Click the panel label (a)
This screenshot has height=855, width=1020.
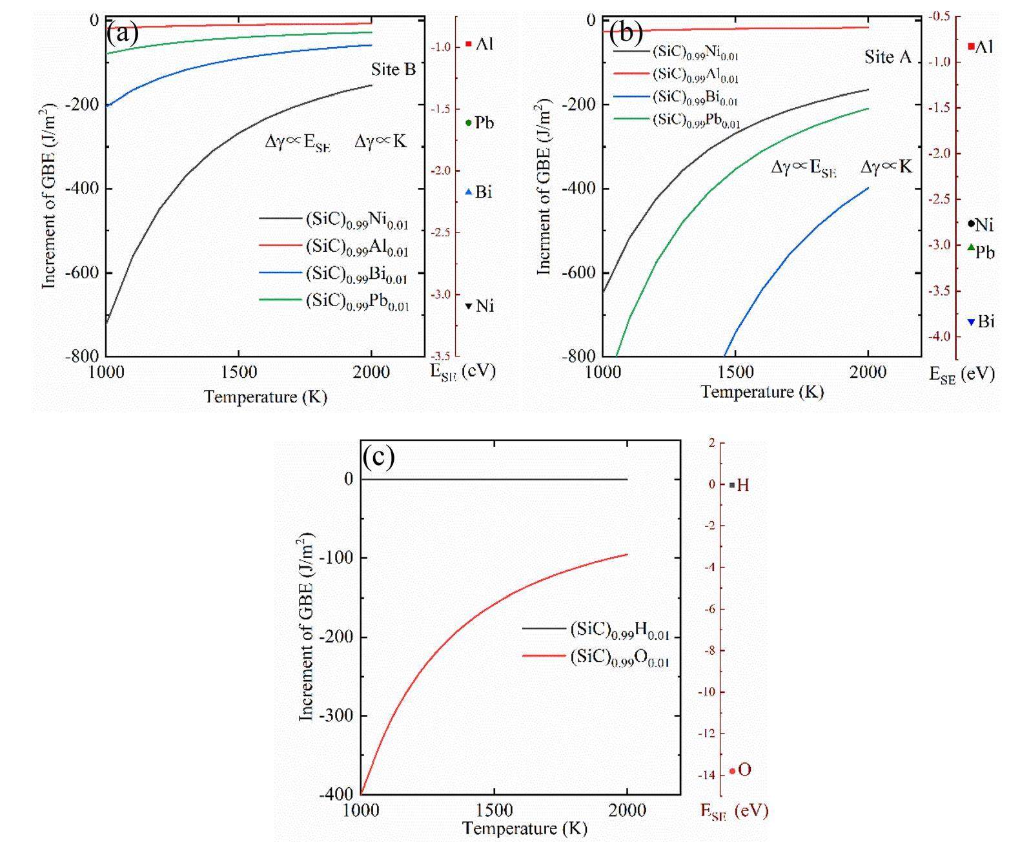[123, 32]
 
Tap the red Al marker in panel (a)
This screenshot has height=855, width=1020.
[469, 44]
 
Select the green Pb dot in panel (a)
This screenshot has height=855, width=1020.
[469, 123]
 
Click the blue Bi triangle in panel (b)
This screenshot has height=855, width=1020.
[971, 322]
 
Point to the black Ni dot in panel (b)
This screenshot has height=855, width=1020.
[971, 224]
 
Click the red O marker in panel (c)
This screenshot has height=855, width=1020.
[732, 771]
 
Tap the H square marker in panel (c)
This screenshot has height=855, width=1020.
[732, 485]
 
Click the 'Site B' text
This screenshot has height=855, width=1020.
[393, 70]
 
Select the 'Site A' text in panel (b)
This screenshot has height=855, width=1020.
[888, 57]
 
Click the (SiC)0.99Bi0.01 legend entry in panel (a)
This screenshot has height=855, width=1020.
[356, 274]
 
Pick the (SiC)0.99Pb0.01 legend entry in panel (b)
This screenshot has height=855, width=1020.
[696, 121]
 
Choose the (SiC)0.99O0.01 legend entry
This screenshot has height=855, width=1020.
[618, 657]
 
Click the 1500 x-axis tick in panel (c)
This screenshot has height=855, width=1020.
[494, 810]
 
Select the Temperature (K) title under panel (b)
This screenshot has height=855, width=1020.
[762, 392]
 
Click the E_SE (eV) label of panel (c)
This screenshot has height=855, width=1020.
[735, 812]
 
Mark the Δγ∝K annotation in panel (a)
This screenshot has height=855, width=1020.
[380, 142]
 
